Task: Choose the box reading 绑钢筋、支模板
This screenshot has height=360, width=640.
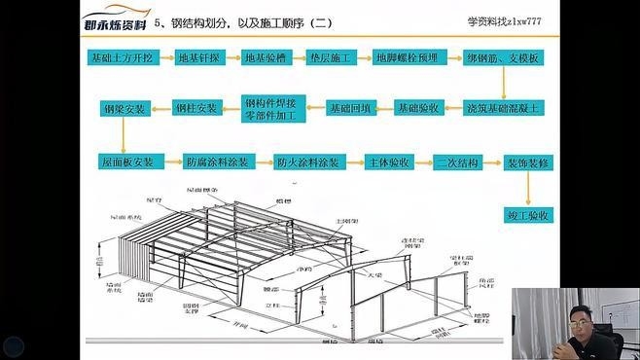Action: click(502, 58)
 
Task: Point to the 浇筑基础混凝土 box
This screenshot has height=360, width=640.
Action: click(502, 107)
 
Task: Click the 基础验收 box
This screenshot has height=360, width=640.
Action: click(420, 107)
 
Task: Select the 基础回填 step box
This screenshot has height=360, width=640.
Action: click(351, 107)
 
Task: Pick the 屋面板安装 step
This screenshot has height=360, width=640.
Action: click(127, 162)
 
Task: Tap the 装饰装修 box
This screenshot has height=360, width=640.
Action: click(528, 162)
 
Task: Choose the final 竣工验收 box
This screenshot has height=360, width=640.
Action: click(528, 214)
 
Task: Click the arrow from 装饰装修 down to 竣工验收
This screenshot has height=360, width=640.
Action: click(528, 188)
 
